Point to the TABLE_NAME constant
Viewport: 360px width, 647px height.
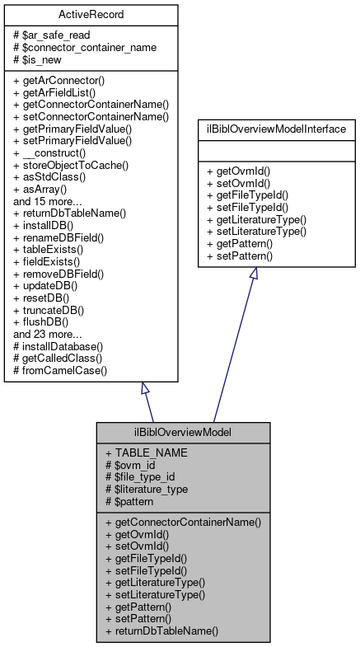click(147, 452)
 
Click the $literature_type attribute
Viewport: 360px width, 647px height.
click(152, 489)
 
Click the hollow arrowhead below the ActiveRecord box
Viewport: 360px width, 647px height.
click(145, 389)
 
